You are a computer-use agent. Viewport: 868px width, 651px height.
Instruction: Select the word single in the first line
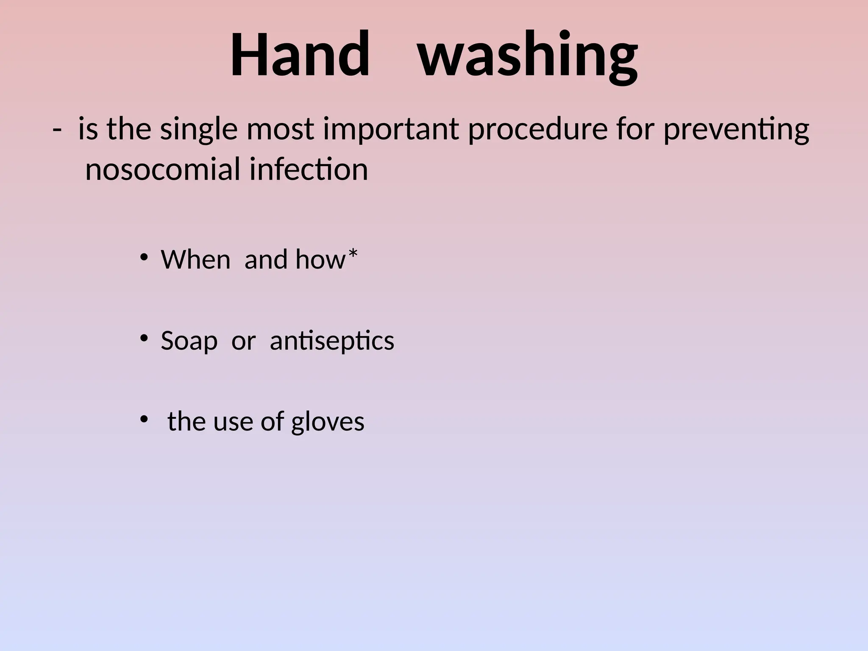(x=199, y=129)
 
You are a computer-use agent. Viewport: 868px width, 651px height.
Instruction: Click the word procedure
(x=538, y=130)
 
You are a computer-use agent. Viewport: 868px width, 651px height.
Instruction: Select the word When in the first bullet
(x=195, y=259)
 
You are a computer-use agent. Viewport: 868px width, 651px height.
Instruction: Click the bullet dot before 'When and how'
(x=144, y=257)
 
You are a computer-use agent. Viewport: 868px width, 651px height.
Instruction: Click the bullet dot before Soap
(x=144, y=338)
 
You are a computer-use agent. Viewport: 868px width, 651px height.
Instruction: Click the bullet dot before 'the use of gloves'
(x=144, y=419)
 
